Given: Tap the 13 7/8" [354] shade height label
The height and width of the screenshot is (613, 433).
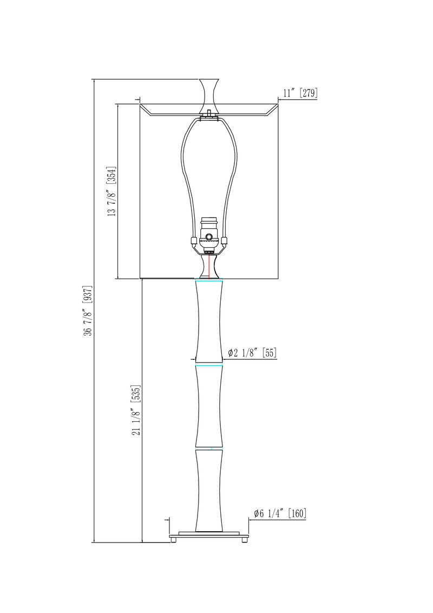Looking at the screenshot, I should [111, 192].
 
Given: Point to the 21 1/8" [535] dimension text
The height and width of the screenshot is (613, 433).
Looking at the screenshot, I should [136, 410].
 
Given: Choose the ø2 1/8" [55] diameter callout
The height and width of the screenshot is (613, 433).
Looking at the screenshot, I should [252, 353].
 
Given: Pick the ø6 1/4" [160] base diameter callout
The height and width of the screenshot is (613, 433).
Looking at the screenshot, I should [280, 513].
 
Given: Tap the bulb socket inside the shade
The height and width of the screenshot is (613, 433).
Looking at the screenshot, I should [209, 234].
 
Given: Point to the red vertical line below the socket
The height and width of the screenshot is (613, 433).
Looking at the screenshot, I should [209, 266].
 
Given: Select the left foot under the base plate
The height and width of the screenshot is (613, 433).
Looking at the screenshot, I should [174, 540].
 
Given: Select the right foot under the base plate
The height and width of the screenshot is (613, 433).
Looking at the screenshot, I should [244, 540].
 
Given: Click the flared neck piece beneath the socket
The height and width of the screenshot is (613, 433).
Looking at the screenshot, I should [209, 267].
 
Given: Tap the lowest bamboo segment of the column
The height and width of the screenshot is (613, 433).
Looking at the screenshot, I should [209, 490].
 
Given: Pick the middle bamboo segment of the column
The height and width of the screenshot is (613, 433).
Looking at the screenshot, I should [209, 406].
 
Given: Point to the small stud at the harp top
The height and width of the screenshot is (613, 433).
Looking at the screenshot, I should [209, 113].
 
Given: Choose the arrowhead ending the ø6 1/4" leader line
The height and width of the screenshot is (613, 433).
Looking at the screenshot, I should [250, 519].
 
